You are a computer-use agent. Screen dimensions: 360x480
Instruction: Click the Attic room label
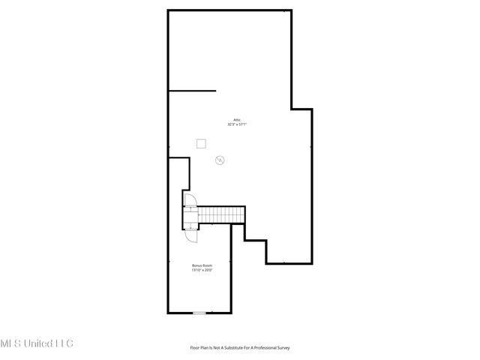[236, 120]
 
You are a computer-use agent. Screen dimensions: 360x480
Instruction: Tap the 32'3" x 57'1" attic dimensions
[237, 124]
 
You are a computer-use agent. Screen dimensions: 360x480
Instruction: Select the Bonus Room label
[202, 265]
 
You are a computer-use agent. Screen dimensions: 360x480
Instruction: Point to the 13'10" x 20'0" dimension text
[202, 271]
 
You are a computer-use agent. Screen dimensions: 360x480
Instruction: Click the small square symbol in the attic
[201, 142]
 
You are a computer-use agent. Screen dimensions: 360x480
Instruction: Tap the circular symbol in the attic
[220, 160]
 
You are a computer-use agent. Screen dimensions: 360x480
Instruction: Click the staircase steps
[222, 215]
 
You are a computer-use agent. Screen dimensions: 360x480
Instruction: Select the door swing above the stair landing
[190, 200]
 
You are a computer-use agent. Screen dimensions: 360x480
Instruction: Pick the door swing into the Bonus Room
[192, 233]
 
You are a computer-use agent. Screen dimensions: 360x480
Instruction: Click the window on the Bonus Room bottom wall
[199, 313]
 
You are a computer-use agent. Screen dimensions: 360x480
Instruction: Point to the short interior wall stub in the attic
[192, 91]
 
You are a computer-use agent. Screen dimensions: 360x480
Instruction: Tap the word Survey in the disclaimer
[281, 348]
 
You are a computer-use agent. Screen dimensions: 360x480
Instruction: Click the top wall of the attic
[229, 10]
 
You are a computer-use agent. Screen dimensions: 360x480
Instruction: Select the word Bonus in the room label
[196, 265]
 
